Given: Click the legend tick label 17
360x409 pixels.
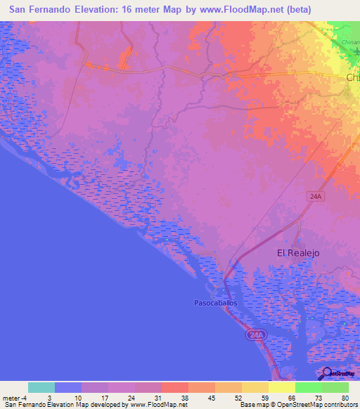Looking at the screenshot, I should pyautogui.click(x=106, y=398).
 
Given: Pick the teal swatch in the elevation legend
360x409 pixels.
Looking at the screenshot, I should pyautogui.click(x=41, y=387).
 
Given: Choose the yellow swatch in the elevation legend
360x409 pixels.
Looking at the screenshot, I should pyautogui.click(x=282, y=387).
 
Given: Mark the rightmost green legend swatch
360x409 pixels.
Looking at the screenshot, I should pyautogui.click(x=335, y=387).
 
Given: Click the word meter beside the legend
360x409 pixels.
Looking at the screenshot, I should pyautogui.click(x=12, y=398).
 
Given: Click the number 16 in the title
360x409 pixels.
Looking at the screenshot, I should pyautogui.click(x=129, y=11).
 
